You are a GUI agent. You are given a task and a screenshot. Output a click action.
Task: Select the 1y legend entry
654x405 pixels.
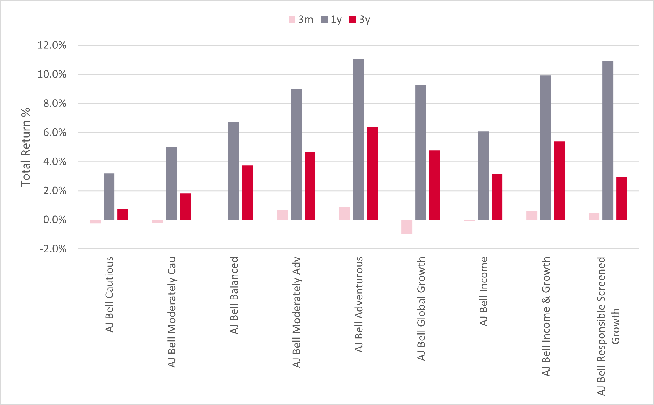(331, 20)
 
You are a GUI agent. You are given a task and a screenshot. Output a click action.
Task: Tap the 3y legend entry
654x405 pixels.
(360, 20)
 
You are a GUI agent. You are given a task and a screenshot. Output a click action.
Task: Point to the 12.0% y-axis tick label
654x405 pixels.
(52, 45)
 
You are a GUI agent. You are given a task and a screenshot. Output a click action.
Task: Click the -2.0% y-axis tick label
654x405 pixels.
(53, 249)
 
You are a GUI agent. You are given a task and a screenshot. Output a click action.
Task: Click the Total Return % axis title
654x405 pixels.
(26, 147)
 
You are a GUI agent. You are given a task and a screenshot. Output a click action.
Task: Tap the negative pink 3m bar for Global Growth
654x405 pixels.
(407, 227)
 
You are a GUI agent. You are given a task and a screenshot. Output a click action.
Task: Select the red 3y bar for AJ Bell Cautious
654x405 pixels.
(123, 214)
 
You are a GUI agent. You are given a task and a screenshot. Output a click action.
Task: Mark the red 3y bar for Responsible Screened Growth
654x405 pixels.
(622, 198)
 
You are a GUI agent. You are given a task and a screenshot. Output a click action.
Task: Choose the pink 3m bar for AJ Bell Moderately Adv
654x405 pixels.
(282, 215)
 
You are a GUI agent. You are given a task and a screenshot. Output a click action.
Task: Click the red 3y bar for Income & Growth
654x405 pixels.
(559, 181)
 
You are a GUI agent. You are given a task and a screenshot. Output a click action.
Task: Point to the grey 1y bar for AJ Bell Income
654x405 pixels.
(483, 175)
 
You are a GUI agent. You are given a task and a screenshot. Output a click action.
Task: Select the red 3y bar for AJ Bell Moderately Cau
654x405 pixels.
(185, 207)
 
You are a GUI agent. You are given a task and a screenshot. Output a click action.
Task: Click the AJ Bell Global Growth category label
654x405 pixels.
(421, 309)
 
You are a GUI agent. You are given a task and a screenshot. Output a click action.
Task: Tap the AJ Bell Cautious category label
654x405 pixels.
(109, 295)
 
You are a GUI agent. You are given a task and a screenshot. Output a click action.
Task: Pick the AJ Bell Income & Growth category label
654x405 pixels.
(546, 316)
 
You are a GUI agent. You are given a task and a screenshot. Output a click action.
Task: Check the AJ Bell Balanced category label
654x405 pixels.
(234, 295)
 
